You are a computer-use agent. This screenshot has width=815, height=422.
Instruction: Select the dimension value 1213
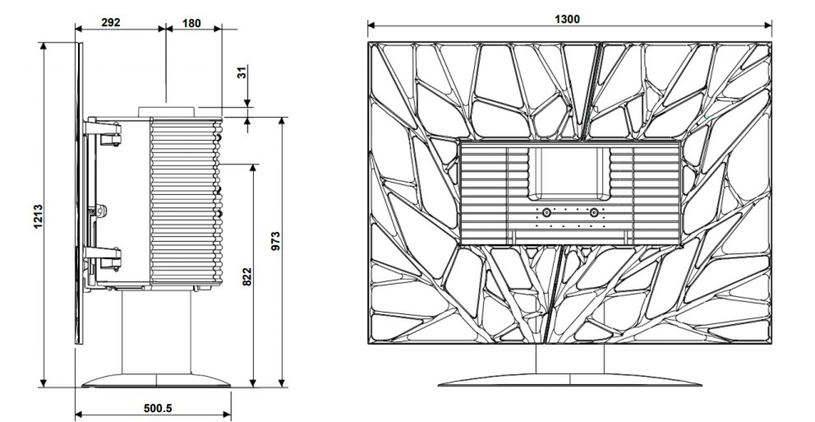point(38,216)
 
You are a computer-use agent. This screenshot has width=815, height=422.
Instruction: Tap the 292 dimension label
point(111,22)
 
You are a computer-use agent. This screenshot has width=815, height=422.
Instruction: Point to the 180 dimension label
point(191,23)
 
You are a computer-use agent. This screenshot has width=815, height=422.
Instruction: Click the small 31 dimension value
point(243,73)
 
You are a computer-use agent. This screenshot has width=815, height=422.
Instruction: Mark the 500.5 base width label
point(157,408)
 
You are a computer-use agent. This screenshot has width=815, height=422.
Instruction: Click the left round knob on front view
point(546,213)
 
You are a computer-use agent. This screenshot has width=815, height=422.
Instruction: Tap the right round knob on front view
point(594,213)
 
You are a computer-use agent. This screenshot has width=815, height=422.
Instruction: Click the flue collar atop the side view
point(167,111)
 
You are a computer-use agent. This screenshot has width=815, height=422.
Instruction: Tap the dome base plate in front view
point(570,380)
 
